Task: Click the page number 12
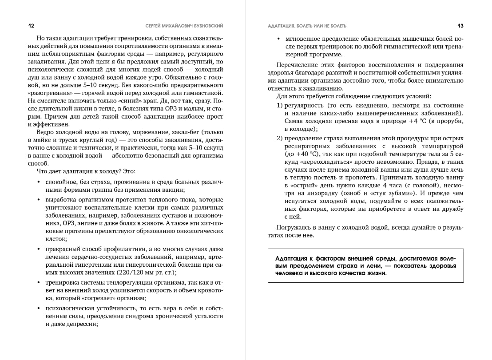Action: [31, 26]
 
